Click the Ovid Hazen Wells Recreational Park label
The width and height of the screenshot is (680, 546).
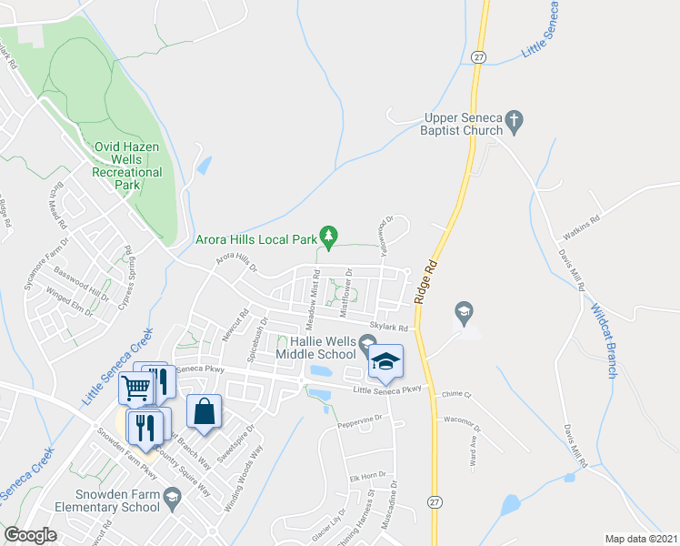[128, 165]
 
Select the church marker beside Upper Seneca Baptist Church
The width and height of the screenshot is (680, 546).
[515, 120]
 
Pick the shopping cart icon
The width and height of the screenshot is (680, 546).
[135, 389]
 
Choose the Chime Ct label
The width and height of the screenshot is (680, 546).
[456, 394]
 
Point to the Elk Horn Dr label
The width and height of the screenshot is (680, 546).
[367, 476]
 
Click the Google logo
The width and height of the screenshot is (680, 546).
[30, 535]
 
